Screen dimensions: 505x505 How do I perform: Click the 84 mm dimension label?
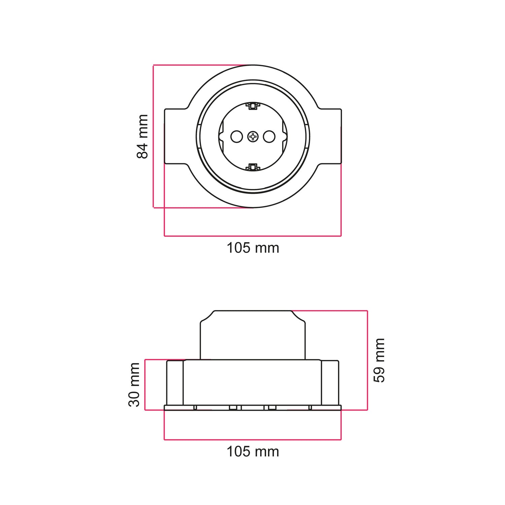[x=142, y=136]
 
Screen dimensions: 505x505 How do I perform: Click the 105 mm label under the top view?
[x=253, y=248]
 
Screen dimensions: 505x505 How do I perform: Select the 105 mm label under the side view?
[x=253, y=451]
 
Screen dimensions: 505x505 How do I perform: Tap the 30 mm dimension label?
[x=134, y=385]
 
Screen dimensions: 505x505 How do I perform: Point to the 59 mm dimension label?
[x=379, y=360]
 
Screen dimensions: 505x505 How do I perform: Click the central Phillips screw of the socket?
[x=253, y=136]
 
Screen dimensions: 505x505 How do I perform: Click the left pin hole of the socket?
[x=236, y=136]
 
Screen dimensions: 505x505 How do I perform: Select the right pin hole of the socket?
[x=269, y=136]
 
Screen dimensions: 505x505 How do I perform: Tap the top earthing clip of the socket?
[x=253, y=106]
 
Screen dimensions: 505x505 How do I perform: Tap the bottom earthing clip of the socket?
[x=253, y=167]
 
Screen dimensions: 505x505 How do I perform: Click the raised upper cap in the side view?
[x=253, y=335]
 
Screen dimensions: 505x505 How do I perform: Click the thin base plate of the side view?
[x=253, y=408]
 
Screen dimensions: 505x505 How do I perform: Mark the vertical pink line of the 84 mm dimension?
[x=154, y=136]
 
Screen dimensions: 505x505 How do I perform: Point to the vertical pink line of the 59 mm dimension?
[x=367, y=360]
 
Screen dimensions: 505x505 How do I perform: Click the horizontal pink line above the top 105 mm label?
[x=253, y=236]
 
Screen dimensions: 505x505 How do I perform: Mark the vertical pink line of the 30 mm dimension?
[x=145, y=385]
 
